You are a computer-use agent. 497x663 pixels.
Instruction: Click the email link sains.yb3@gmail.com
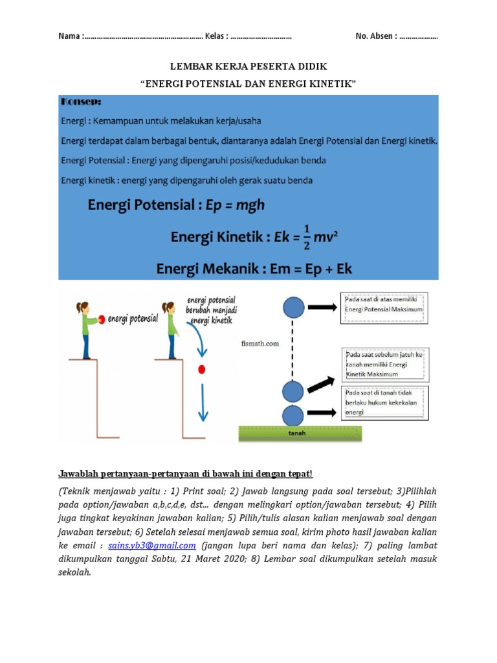point(152,546)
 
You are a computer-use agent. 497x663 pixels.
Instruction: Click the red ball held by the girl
point(102,319)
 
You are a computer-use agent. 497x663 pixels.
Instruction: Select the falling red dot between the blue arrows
point(202,369)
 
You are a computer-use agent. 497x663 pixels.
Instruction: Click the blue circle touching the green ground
point(293,415)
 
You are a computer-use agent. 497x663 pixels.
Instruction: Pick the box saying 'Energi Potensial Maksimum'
point(382,308)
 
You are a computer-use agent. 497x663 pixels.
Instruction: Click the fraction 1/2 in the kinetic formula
point(307,237)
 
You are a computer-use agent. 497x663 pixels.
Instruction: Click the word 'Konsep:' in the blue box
point(81,102)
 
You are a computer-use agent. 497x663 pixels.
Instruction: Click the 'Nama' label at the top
point(69,36)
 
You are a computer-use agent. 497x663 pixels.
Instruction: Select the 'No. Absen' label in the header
point(375,36)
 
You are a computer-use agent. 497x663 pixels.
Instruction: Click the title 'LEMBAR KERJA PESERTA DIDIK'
point(248,67)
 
